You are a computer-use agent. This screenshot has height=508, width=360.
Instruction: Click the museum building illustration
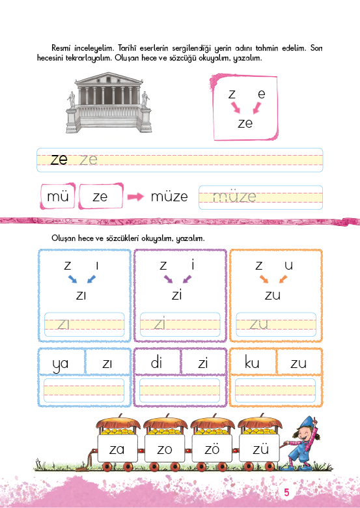pos(109,102)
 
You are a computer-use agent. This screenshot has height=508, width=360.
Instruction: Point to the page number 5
pos(286,492)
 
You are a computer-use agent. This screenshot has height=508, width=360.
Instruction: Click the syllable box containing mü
pos(58,196)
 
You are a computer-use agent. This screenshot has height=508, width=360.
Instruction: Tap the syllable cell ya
pos(61,362)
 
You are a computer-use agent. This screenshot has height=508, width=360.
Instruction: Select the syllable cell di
pos(157,362)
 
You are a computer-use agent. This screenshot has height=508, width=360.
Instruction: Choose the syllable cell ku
pos(252,362)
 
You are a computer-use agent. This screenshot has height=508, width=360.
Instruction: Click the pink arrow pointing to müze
pos(135,197)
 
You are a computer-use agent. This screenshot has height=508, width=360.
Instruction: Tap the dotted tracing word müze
pos(234,197)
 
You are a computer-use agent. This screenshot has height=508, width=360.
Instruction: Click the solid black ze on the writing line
pos(59,160)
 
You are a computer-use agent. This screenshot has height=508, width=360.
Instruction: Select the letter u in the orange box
pos(288,266)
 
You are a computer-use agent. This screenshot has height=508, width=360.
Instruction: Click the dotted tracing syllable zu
pos(258,324)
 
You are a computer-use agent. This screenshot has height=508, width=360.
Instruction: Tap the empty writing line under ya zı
pos(84,390)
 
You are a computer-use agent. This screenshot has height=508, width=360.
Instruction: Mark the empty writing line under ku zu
pos(275,390)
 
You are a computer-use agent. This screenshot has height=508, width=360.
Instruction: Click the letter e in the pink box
pos(262,94)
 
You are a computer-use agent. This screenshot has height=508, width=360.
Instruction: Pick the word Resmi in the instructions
pos(61,48)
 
